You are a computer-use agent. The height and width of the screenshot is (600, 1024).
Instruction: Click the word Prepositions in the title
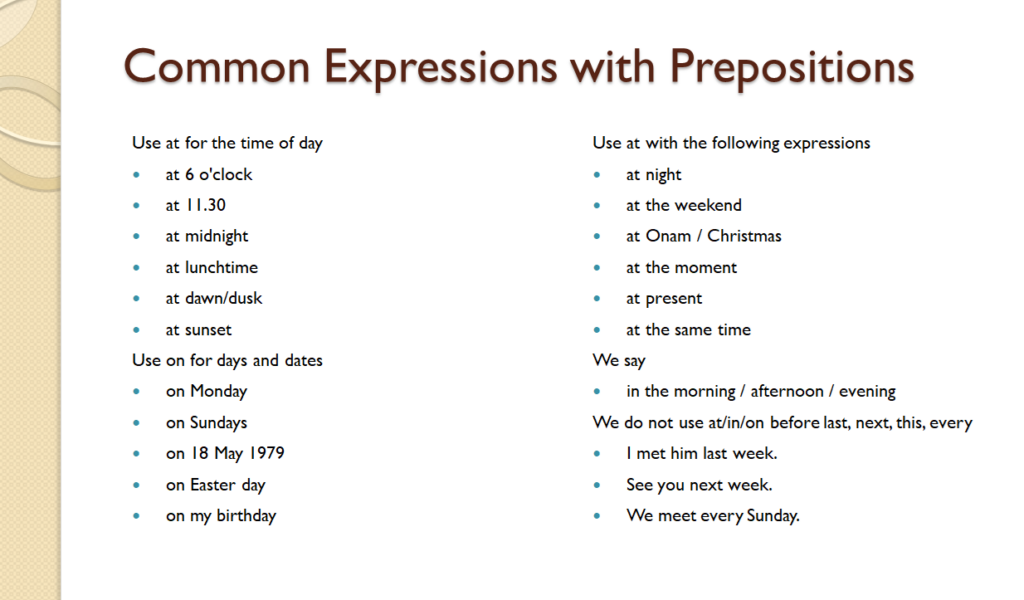[791, 66]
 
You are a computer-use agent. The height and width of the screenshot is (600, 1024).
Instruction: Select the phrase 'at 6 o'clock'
[209, 174]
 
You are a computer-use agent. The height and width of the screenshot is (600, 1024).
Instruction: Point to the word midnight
[216, 236]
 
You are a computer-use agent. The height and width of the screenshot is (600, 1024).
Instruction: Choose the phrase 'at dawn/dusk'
[214, 298]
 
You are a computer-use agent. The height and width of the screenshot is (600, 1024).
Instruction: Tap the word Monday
[218, 391]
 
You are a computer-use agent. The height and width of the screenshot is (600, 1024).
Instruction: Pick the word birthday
[245, 516]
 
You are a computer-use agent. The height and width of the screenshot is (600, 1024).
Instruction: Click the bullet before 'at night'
[597, 175]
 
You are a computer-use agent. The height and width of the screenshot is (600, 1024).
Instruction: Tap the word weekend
[708, 205]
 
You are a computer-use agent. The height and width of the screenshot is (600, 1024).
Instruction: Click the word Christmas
[744, 236]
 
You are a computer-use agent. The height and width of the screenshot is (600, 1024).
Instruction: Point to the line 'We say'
[619, 360]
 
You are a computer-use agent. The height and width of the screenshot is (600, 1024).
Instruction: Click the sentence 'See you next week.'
[699, 484]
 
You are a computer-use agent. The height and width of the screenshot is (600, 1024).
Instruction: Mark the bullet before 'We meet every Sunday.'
[597, 516]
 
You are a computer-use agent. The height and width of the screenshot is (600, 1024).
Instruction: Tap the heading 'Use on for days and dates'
[227, 360]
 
